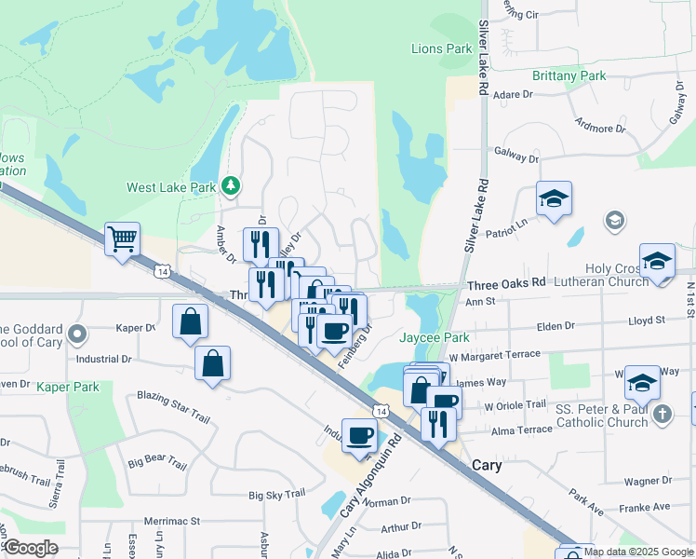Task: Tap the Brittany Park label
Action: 569,75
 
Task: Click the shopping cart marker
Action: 122,239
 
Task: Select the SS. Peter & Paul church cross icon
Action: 662,414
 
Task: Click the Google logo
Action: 30,548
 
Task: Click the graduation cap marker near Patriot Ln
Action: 554,198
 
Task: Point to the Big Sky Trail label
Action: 276,495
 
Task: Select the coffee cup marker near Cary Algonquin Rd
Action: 360,434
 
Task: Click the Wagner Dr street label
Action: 649,482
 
